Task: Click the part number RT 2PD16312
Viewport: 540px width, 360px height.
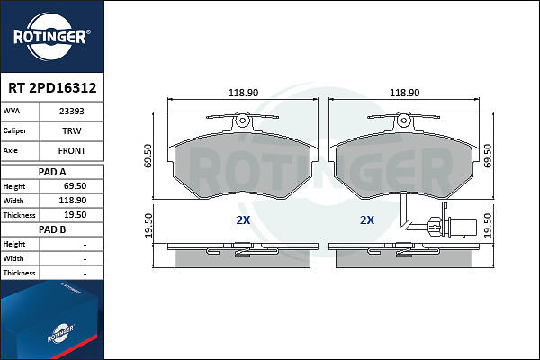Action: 52,88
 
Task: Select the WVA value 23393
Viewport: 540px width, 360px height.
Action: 72,112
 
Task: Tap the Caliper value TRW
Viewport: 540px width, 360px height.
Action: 72,130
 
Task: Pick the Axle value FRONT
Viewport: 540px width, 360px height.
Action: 72,151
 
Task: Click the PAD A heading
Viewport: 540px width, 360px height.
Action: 52,172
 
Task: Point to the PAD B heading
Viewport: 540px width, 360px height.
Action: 52,229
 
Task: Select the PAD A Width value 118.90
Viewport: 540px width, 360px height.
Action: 73,201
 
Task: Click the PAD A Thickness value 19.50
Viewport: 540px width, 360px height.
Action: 75,215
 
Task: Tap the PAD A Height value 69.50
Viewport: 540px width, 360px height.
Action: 75,186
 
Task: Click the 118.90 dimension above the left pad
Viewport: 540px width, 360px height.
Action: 243,93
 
